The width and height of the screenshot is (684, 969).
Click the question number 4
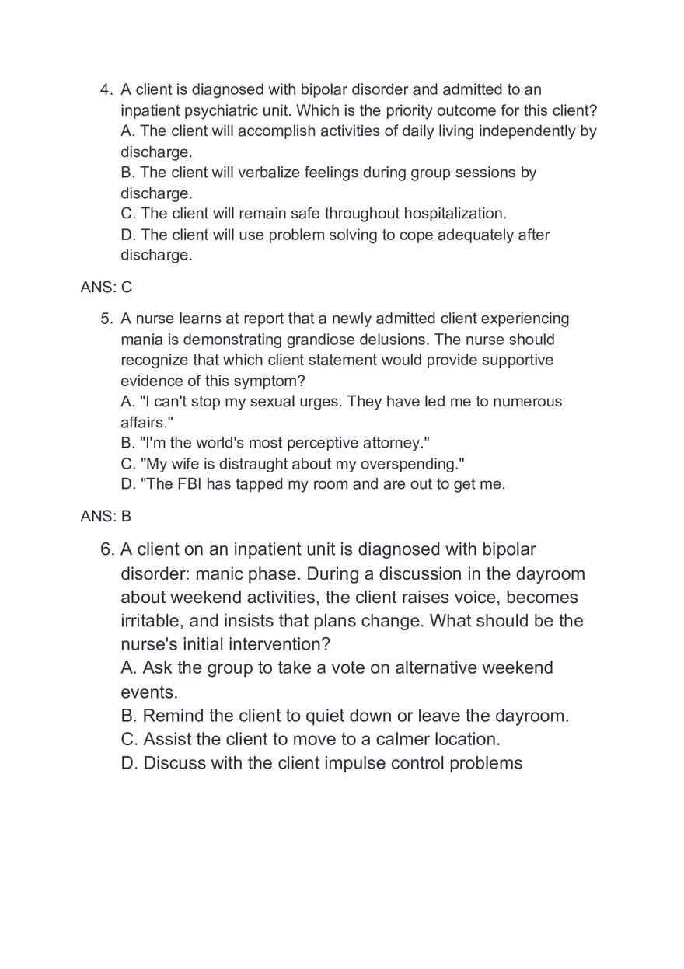pyautogui.click(x=107, y=90)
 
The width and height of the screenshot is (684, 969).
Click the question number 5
pyautogui.click(x=107, y=319)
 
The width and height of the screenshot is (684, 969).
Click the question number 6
pyautogui.click(x=107, y=550)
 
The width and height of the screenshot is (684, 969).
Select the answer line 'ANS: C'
pyautogui.click(x=106, y=288)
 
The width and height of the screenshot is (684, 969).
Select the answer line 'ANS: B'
pyautogui.click(x=106, y=516)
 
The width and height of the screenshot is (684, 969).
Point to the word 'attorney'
pyautogui.click(x=393, y=443)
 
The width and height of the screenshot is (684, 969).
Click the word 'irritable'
pyautogui.click(x=153, y=622)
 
